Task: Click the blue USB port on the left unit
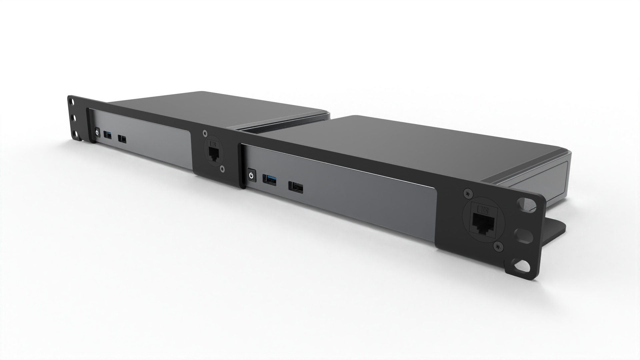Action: (108, 135)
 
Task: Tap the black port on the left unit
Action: (123, 139)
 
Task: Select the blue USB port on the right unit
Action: (269, 180)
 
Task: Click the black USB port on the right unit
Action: (296, 187)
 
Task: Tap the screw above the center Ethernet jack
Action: (205, 133)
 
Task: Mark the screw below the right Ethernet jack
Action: (497, 247)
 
